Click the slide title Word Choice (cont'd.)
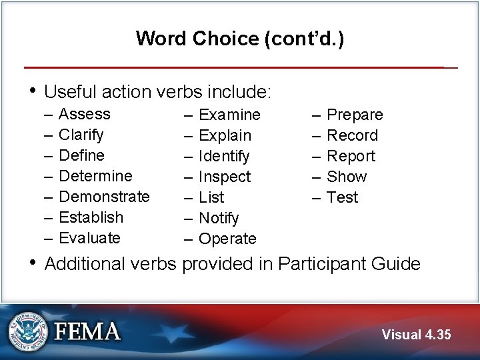(x=240, y=39)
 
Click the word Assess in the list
(x=85, y=114)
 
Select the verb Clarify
(x=81, y=135)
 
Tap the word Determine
(x=95, y=176)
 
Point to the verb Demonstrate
(x=104, y=197)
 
